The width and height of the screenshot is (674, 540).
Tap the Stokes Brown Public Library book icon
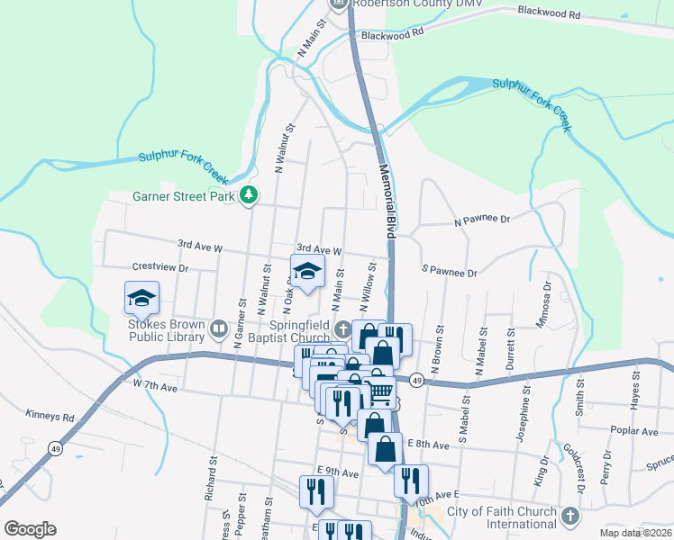218,329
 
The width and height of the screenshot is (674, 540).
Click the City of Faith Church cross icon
569,517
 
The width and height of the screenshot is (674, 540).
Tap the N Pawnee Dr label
482,219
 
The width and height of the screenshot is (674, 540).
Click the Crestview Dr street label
159,267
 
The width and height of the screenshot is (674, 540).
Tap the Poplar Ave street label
634,431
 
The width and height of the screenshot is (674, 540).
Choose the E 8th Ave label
428,445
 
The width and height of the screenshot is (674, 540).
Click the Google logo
30,529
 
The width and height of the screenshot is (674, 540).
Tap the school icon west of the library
141,298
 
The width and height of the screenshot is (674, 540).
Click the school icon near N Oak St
307,271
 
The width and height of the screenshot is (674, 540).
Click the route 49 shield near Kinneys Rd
55,449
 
